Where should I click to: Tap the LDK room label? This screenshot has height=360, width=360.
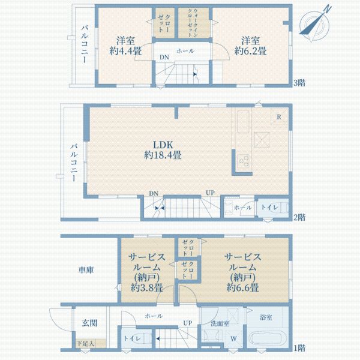point(163,144)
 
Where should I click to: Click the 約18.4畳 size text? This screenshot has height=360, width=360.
point(163,155)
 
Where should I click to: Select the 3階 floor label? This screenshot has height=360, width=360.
point(299,83)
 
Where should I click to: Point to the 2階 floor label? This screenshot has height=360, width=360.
point(299,217)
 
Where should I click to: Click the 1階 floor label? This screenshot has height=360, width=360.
point(299,347)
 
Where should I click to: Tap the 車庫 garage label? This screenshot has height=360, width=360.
point(86,271)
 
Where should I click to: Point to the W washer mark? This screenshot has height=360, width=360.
point(233,337)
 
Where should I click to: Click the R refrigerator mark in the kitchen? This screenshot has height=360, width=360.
point(279,116)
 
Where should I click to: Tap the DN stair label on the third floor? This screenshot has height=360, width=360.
point(164,58)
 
